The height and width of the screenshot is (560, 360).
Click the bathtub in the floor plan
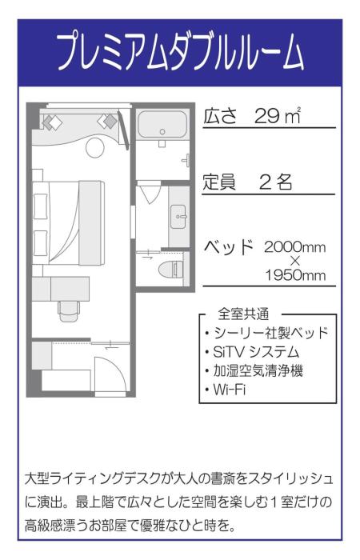(x=162, y=125)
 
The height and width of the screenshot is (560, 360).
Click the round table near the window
(x=94, y=147)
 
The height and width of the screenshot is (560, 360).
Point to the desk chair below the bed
(x=69, y=308)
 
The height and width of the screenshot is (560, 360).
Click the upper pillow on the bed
(x=41, y=206)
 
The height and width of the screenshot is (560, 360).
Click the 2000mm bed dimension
(x=294, y=246)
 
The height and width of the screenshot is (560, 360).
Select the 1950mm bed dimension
(x=295, y=275)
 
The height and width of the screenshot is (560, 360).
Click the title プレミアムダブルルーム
(x=180, y=54)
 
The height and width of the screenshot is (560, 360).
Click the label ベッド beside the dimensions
(x=229, y=245)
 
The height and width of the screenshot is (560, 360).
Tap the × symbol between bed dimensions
(x=294, y=261)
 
